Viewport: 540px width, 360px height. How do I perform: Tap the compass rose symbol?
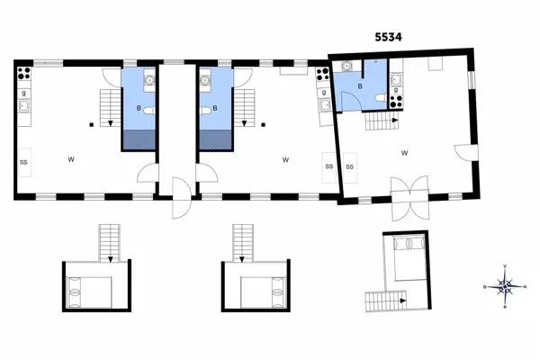click(506, 288)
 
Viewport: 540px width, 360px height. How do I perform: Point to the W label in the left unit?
click(70, 159)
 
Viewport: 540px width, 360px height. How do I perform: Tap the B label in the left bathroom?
click(139, 109)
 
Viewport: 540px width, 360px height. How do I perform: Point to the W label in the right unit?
click(405, 153)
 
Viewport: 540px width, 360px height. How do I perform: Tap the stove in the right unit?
click(394, 75)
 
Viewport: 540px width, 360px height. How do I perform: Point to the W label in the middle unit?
click(284, 160)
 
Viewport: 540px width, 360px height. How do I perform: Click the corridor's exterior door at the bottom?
click(179, 199)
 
